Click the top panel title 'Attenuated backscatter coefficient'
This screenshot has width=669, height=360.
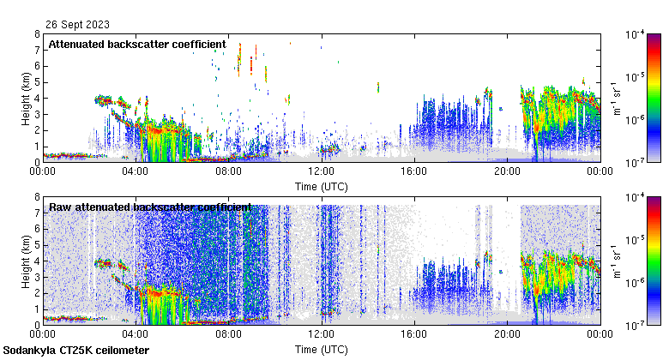click(x=137, y=44)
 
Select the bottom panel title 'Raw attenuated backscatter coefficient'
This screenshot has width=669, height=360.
click(x=150, y=207)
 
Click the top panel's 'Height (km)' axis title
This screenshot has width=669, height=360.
click(x=27, y=98)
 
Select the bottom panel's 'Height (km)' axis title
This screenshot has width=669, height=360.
click(x=27, y=261)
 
